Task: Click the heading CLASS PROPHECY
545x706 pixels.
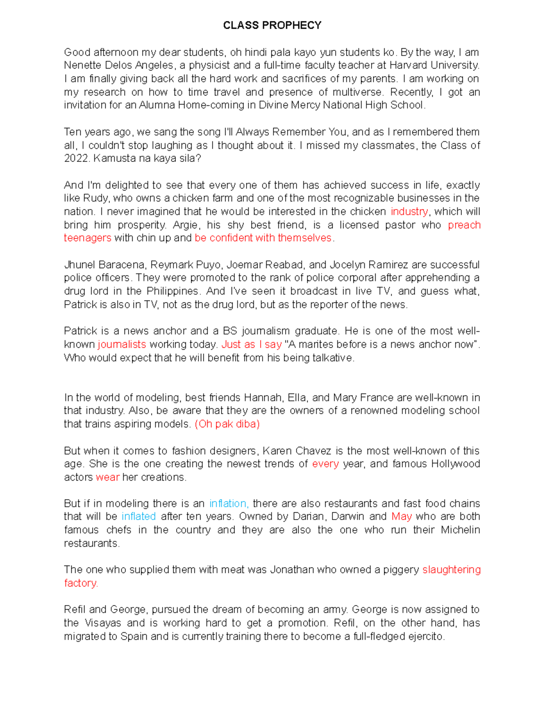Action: click(x=272, y=25)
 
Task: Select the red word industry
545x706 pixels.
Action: click(x=409, y=212)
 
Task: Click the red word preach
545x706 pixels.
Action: click(x=464, y=225)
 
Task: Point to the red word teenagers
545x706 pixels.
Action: click(x=87, y=238)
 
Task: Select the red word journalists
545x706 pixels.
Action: click(x=122, y=345)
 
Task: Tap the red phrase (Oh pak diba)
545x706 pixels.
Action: click(x=227, y=424)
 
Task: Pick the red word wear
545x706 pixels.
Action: click(x=108, y=477)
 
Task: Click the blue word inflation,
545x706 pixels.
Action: click(x=228, y=504)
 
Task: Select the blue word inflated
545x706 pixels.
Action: click(x=139, y=517)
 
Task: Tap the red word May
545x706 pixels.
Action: click(x=401, y=517)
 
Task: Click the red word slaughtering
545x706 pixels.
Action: click(x=451, y=570)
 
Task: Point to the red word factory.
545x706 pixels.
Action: click(x=81, y=583)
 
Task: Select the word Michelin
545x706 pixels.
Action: click(x=460, y=530)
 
